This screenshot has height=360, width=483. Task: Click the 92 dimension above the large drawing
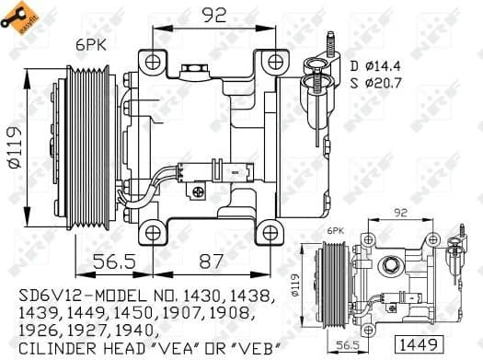(213, 16)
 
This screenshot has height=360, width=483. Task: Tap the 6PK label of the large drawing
(90, 44)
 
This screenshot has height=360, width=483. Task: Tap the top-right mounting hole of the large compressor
(274, 61)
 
